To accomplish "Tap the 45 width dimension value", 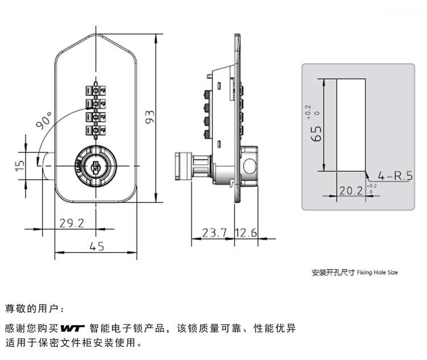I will pyautogui.click(x=97, y=246).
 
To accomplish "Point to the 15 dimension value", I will pyautogui.click(x=20, y=164).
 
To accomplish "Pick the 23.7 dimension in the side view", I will pyautogui.click(x=215, y=233).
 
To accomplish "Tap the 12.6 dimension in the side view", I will pyautogui.click(x=246, y=233).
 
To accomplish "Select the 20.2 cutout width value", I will pyautogui.click(x=351, y=191).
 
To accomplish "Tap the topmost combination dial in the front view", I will pyautogui.click(x=96, y=90).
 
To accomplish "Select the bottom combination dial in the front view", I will pyautogui.click(x=96, y=131).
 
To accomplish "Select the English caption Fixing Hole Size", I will pyautogui.click(x=377, y=273).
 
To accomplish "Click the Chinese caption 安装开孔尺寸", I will pyautogui.click(x=333, y=272).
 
